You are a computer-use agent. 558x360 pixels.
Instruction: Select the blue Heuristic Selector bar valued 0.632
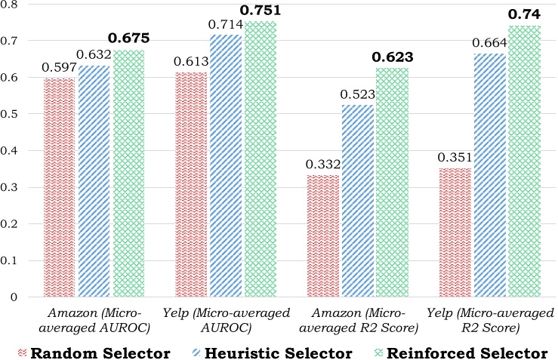point(94,181)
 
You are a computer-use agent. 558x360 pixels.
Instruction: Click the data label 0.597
point(60,68)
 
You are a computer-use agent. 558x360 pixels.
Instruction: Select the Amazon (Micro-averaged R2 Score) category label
point(357,321)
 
